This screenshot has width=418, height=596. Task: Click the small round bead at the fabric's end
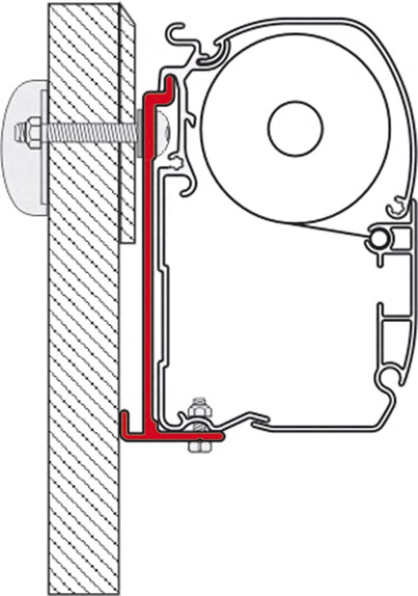click(378, 238)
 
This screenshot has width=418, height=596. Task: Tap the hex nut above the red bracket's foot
click(197, 411)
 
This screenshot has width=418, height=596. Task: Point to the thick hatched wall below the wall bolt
click(83, 358)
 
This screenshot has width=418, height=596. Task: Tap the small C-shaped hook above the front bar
click(394, 209)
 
